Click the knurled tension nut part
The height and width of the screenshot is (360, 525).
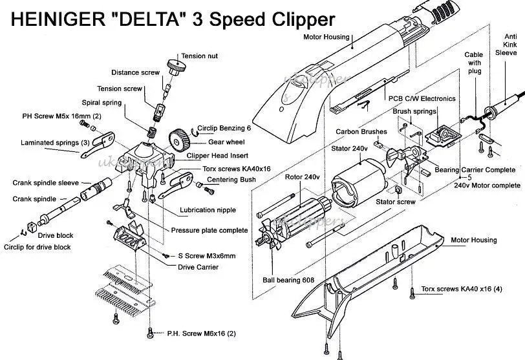(175, 65)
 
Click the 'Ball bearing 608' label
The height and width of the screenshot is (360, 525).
(290, 280)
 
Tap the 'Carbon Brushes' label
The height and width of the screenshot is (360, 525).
(361, 132)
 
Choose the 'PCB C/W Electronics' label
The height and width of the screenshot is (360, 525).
(422, 99)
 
